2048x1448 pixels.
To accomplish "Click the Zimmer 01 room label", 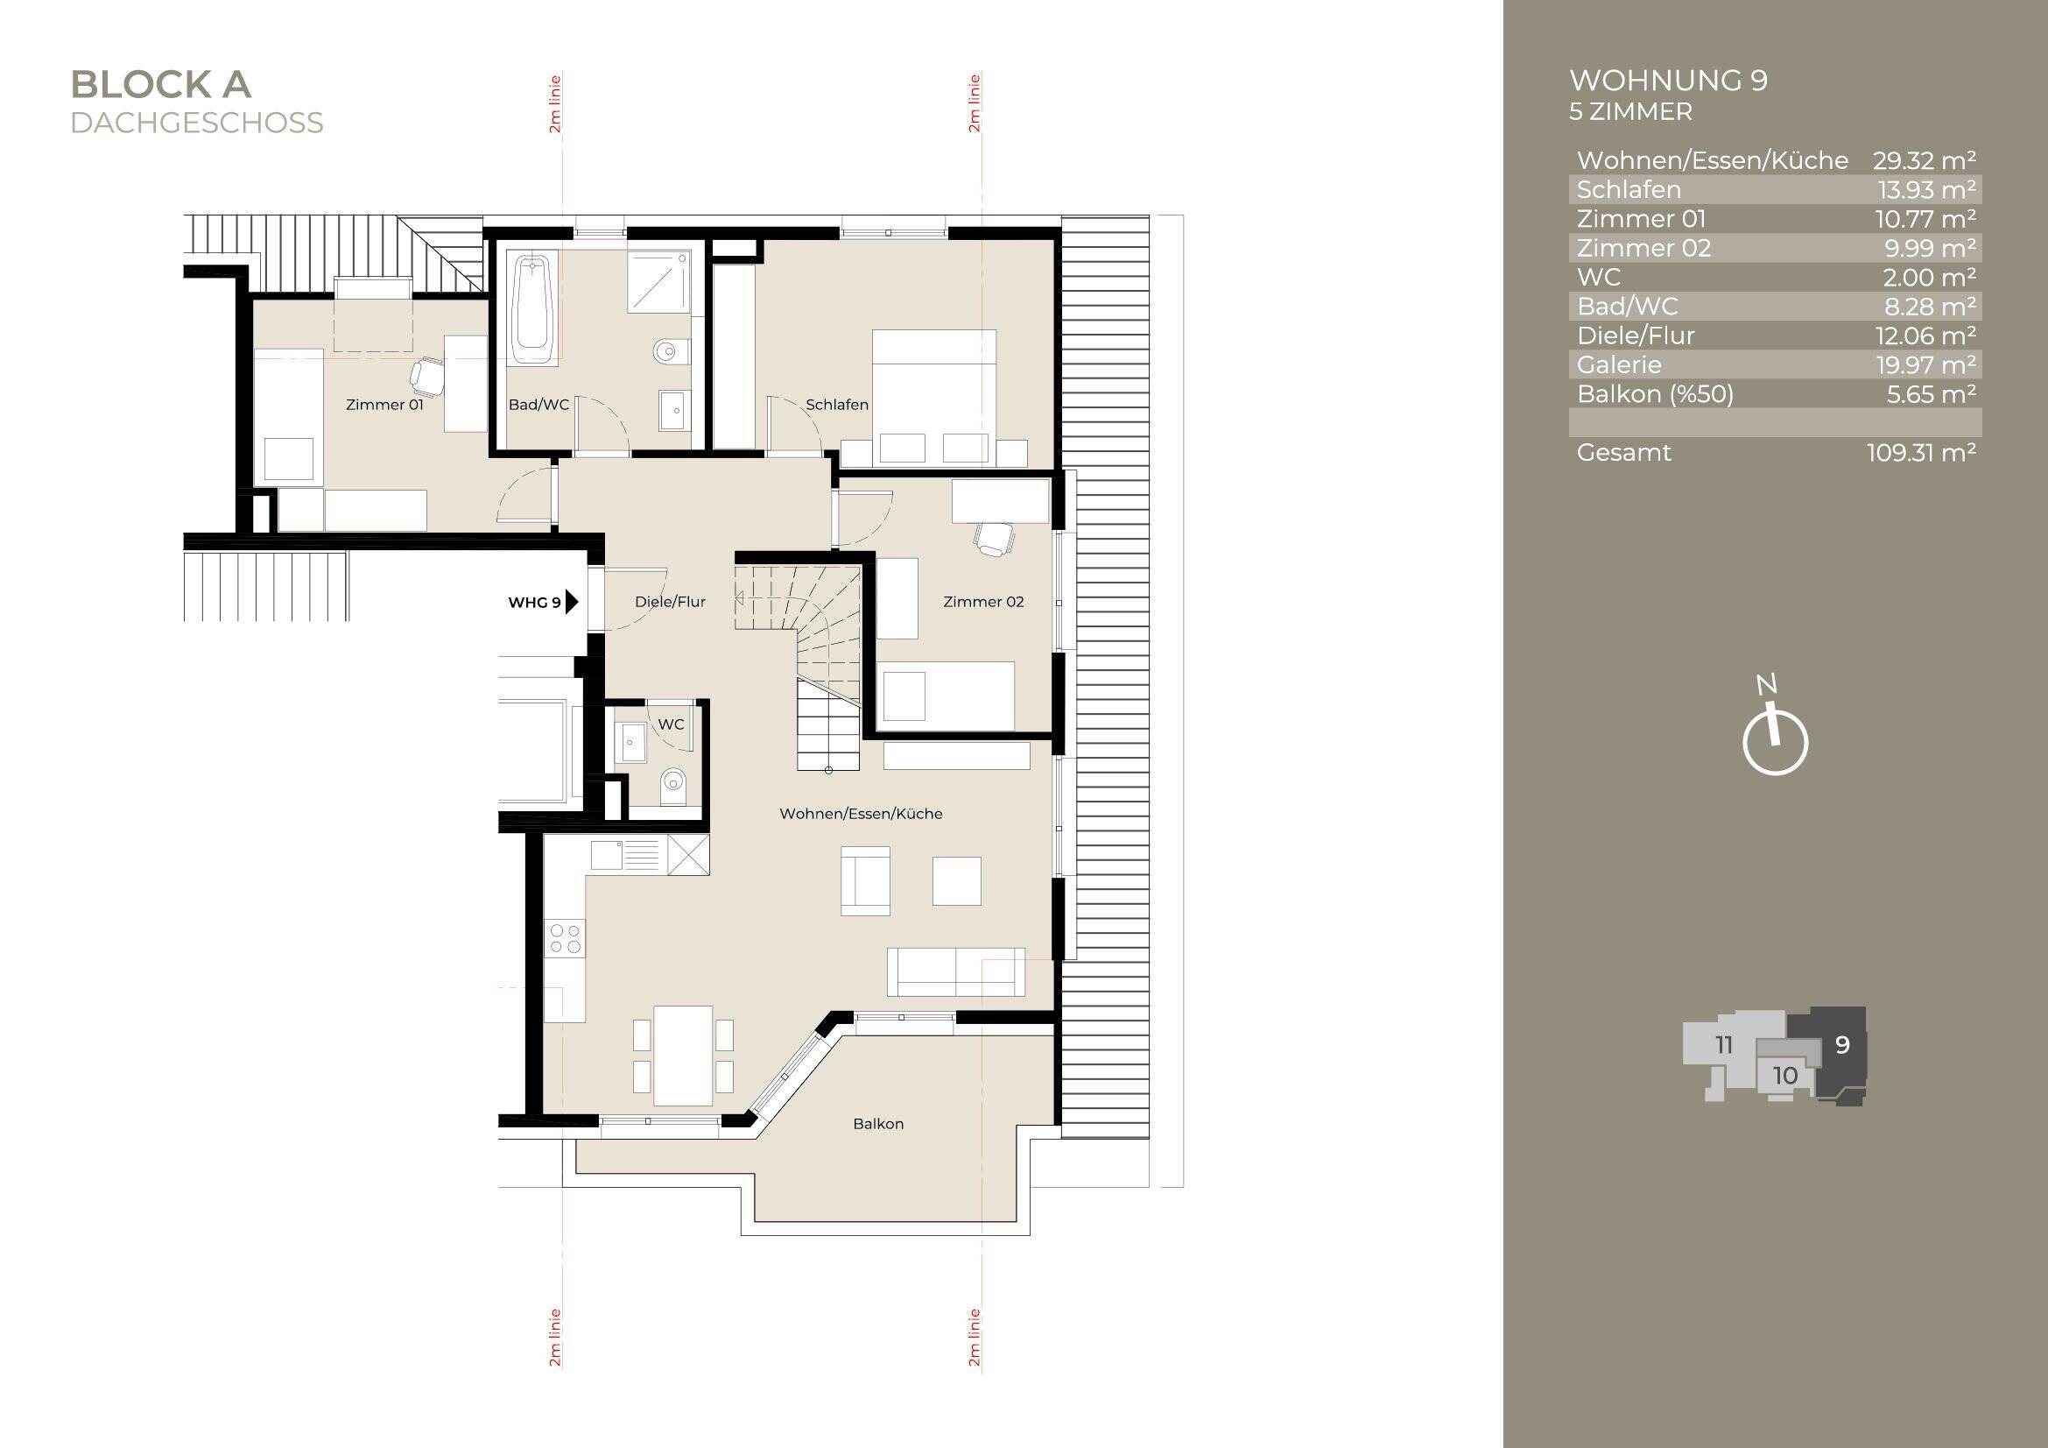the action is click(384, 404).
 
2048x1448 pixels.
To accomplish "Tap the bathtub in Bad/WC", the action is click(533, 307).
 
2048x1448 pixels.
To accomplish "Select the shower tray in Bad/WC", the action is click(659, 281).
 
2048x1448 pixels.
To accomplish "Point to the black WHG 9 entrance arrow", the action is click(572, 602).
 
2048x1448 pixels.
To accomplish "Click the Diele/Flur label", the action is click(670, 602).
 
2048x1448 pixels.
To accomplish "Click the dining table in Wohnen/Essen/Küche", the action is click(682, 1056).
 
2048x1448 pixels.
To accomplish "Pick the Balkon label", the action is click(878, 1124).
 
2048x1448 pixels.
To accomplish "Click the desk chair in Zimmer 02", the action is click(994, 539).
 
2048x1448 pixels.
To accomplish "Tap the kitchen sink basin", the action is click(607, 855).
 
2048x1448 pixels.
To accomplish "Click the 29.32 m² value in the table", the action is click(1924, 160).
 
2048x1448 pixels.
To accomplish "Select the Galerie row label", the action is click(1619, 365).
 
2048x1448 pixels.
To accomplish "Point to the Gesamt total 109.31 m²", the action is click(1921, 452).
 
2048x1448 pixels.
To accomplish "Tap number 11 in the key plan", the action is click(1723, 1045).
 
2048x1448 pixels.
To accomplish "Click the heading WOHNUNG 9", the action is click(1668, 81).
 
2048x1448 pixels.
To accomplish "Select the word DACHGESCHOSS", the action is click(196, 124).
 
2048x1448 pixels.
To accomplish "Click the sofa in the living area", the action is click(956, 972).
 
